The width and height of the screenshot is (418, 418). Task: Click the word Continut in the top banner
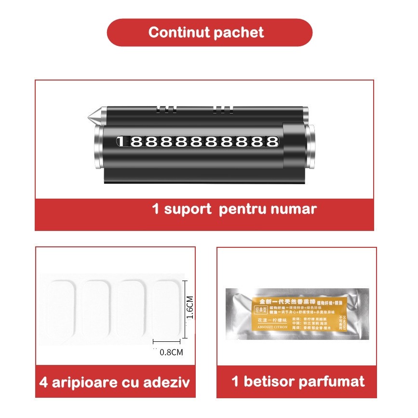(x=180, y=32)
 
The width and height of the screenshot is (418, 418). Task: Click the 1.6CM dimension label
(x=190, y=307)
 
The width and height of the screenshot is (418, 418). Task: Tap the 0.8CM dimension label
(x=171, y=352)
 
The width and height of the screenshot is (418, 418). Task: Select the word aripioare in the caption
(x=94, y=383)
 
